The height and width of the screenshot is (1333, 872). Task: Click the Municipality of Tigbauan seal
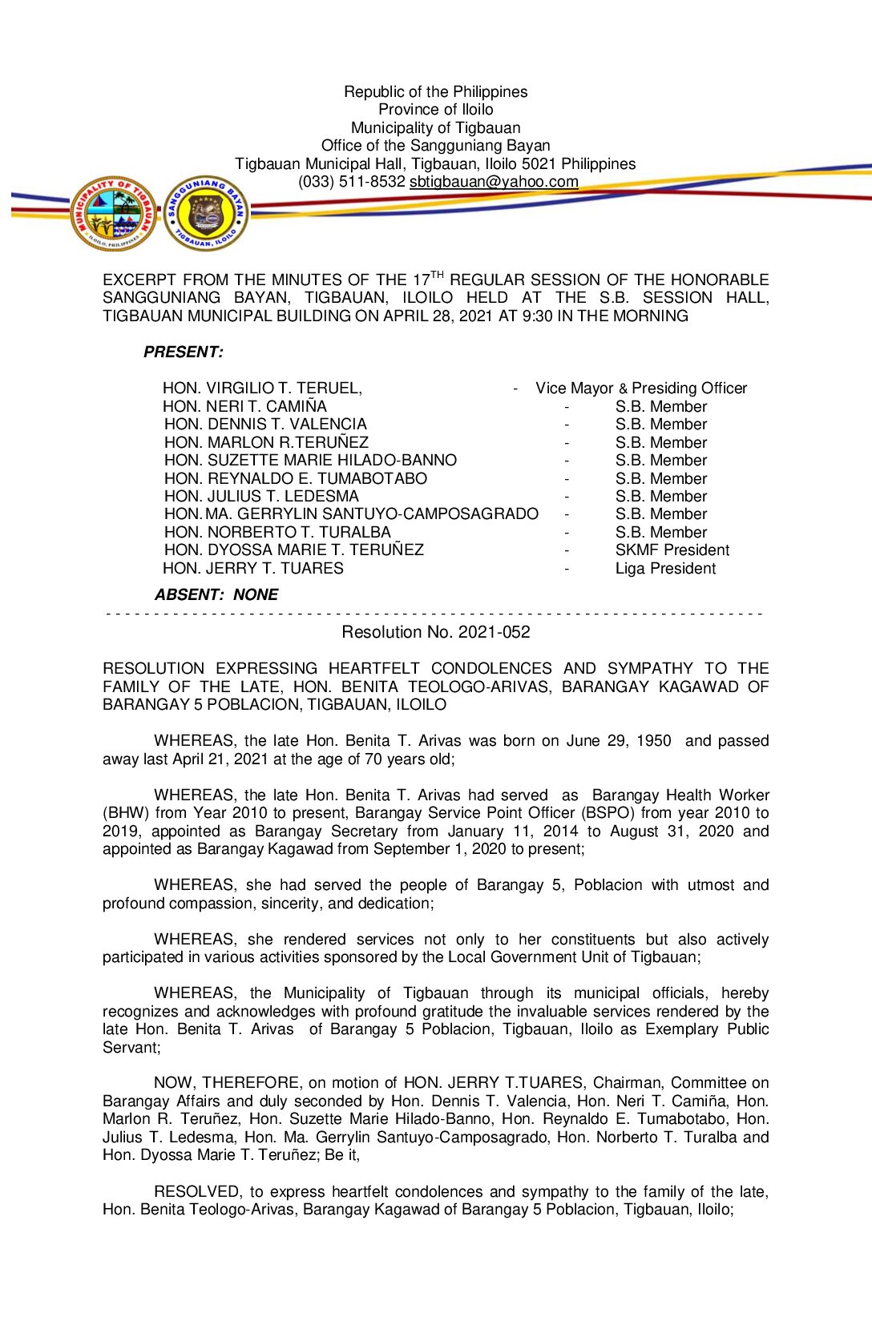pos(113,214)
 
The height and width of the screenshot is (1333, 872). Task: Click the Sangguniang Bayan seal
pos(206,214)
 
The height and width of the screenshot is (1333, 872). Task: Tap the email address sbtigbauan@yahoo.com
pos(494,182)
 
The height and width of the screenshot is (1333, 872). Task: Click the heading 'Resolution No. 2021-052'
pos(435,632)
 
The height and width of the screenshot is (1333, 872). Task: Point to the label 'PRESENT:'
pos(184,352)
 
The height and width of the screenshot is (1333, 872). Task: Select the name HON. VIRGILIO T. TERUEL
pos(262,389)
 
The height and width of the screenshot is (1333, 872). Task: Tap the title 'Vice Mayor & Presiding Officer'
pos(641,389)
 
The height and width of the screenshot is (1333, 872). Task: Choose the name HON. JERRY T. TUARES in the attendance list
pos(253,569)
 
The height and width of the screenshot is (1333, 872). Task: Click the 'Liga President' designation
pos(665,569)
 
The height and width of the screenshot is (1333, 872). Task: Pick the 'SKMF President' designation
pos(672,550)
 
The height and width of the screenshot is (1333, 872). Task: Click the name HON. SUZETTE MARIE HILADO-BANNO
pos(310,461)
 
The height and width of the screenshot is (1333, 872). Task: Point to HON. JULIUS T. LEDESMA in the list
pos(261,497)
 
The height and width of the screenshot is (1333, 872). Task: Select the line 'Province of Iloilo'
pos(435,110)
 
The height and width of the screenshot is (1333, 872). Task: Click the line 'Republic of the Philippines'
pos(435,92)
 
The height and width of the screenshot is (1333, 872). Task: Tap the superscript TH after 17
pos(437,275)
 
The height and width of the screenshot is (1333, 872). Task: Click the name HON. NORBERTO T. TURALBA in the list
pos(277,533)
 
